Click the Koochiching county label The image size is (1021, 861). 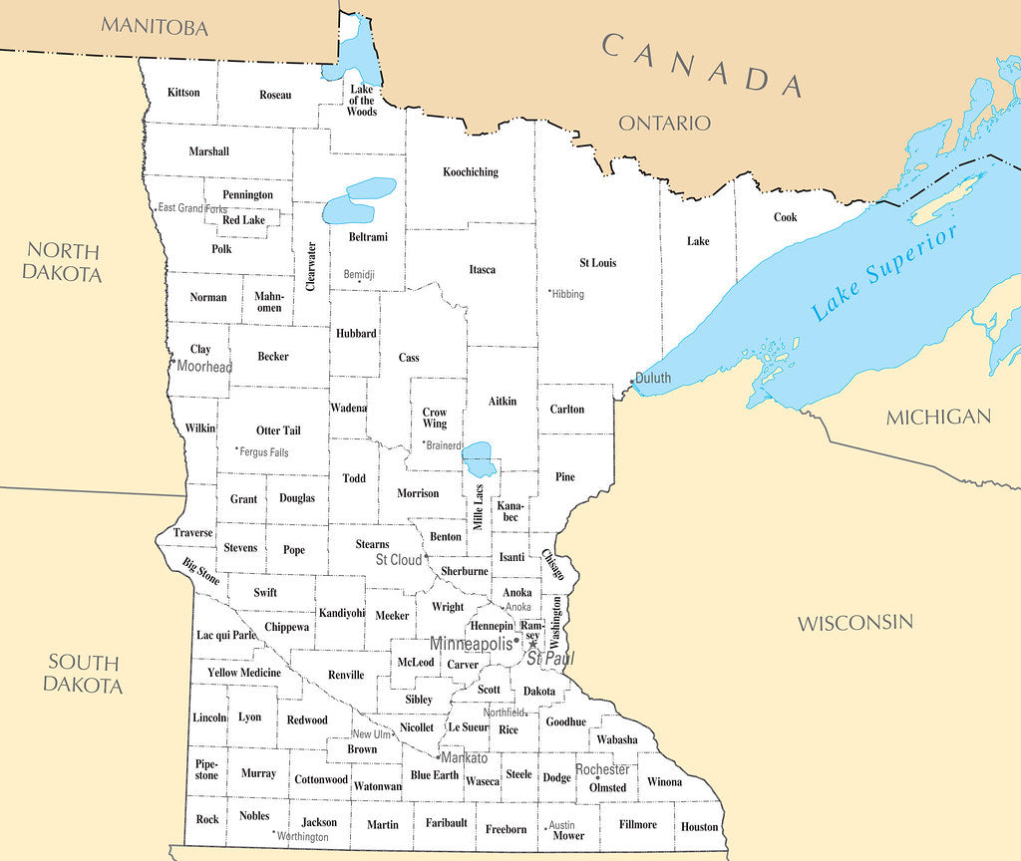[x=470, y=172]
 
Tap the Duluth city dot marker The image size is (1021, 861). [x=633, y=380]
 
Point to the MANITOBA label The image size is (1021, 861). [x=155, y=26]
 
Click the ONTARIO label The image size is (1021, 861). [x=664, y=124]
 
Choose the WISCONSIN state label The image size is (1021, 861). [x=854, y=623]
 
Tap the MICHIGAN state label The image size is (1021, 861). [x=938, y=418]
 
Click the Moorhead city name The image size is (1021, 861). [x=204, y=367]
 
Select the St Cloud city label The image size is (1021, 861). [x=399, y=560]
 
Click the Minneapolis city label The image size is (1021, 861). [x=470, y=644]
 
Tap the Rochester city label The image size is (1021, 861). [x=602, y=770]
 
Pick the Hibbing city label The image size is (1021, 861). [x=567, y=294]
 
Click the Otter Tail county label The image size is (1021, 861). [x=278, y=430]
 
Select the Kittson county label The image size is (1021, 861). [x=183, y=93]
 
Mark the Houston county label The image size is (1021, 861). [x=699, y=827]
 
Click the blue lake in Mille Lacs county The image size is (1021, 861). [x=480, y=460]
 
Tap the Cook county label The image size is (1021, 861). [x=785, y=217]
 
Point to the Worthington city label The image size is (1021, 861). [x=302, y=837]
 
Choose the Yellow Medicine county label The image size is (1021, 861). [x=244, y=673]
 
